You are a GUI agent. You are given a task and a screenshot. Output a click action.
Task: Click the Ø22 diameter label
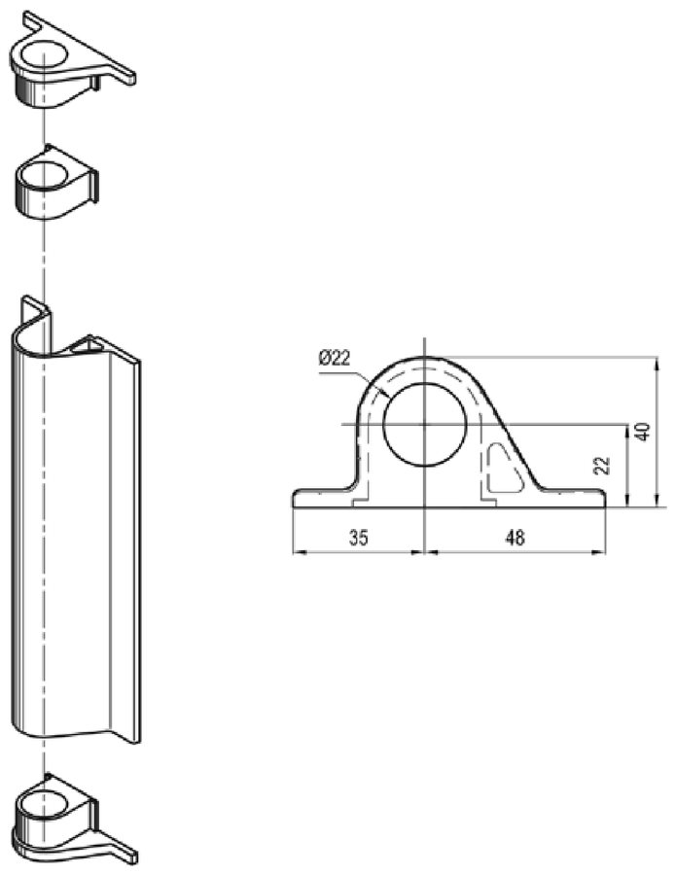tap(335, 358)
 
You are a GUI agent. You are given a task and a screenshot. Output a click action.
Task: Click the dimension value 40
tap(643, 433)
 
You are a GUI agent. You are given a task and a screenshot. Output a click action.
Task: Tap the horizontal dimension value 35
tap(359, 538)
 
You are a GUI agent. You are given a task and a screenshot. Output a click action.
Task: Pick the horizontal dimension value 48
tap(515, 538)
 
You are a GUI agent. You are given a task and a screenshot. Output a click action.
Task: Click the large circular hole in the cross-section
tap(424, 424)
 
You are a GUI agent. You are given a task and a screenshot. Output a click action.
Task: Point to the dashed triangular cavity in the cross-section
tap(505, 468)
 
